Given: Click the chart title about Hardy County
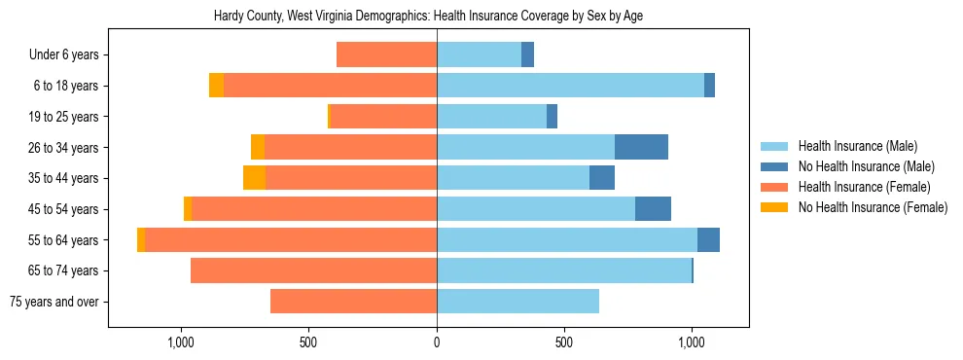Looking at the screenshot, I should coord(428,16).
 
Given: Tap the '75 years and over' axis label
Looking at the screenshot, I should coord(53,302).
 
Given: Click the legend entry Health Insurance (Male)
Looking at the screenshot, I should coord(857,146).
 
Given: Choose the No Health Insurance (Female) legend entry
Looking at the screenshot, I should coord(873,207).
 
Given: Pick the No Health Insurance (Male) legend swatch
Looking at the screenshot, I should coord(774,166).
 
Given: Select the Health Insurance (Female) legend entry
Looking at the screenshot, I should coord(864,187).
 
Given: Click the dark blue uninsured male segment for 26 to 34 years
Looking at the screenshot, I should coord(641,147).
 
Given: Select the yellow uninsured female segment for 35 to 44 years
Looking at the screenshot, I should coord(254,178).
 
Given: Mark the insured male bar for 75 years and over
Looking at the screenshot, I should coord(517,302).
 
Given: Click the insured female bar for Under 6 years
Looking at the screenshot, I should coord(386,55).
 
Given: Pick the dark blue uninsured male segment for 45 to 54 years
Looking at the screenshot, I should coord(653,209).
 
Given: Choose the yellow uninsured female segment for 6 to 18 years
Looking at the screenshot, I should coord(216,86).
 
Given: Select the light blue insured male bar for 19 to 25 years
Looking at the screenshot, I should coord(491,117).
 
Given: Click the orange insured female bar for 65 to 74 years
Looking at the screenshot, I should coord(313,270).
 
